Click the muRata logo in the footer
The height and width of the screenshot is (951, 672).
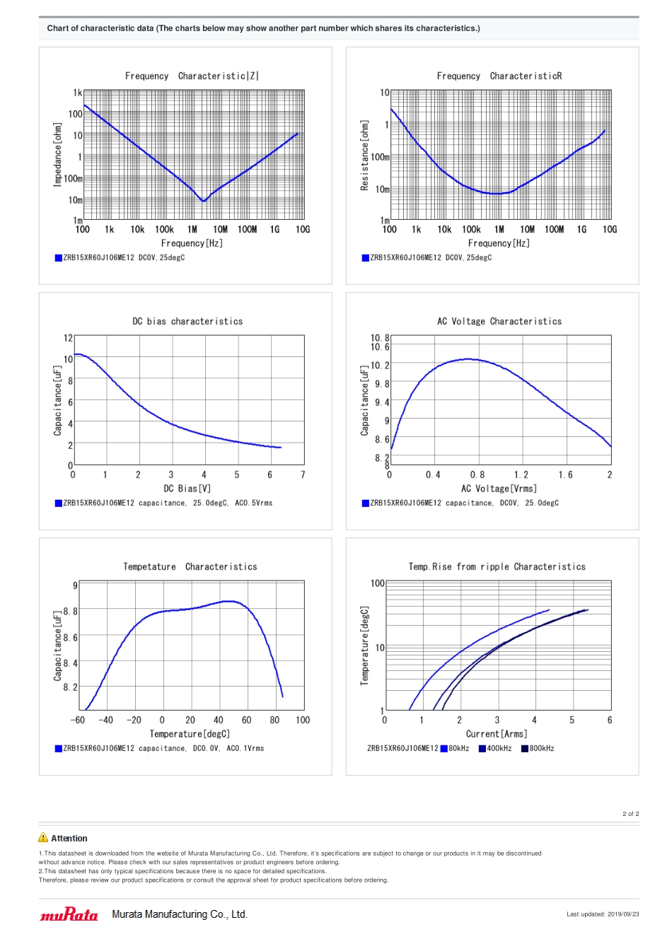69,915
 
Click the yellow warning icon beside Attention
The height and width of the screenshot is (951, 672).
43,838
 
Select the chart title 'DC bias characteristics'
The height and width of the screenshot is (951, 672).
187,322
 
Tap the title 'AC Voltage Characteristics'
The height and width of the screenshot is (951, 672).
499,322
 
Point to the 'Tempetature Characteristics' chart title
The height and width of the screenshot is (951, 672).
190,567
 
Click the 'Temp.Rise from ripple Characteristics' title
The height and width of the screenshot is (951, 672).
497,567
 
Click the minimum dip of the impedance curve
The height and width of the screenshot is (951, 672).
203,201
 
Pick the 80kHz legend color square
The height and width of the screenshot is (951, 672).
444,749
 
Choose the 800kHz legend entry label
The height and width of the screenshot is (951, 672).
542,749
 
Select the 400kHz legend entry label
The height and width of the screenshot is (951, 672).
499,749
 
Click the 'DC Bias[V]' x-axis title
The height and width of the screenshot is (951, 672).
187,489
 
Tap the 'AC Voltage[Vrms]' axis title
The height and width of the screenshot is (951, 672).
499,489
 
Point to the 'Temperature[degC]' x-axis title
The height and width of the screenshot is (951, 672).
190,734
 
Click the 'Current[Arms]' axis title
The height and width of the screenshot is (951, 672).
497,734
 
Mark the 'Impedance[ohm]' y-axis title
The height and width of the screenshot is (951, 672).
58,154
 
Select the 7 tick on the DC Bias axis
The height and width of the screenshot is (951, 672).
303,475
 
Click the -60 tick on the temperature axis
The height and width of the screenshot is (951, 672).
78,720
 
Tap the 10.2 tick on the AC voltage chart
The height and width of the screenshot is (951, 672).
380,366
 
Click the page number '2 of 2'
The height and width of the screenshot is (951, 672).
630,814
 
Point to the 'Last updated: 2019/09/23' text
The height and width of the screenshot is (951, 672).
603,914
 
